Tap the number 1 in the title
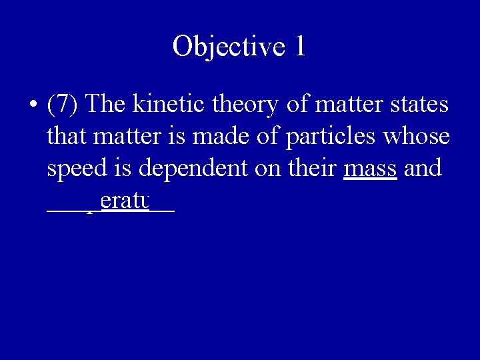299,47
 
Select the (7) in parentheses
63,105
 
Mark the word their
313,167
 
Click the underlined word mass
370,169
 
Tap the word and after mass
423,167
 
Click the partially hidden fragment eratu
123,199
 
